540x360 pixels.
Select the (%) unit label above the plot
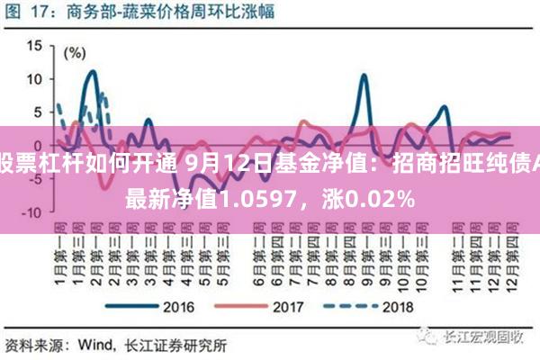81,31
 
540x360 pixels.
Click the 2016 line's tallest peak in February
92,71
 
